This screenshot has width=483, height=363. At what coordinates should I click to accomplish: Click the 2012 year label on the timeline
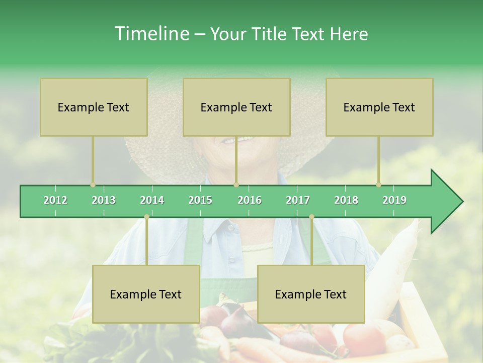coord(55,200)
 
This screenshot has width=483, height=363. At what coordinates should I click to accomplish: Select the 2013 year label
coord(104,200)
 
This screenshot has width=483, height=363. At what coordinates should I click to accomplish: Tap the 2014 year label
coord(152,200)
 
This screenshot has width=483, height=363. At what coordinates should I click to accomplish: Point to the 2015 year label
coord(200,200)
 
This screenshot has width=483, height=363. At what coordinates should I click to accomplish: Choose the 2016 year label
coord(250,200)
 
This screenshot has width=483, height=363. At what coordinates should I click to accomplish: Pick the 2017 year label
coord(298,200)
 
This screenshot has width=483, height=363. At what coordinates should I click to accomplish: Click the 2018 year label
coord(346,200)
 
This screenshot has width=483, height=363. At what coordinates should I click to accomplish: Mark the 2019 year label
coord(394,200)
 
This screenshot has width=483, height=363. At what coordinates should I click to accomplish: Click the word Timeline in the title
coord(151,34)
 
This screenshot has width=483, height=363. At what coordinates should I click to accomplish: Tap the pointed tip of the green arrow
coord(462,202)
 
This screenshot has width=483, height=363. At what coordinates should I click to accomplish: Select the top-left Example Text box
coord(94,107)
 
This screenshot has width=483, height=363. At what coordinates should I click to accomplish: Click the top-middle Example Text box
coord(236,107)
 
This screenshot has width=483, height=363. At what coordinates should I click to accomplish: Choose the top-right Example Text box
coord(379,107)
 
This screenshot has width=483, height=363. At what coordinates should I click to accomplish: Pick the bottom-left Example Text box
coord(146,294)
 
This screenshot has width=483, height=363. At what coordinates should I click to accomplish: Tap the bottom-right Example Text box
coord(311,294)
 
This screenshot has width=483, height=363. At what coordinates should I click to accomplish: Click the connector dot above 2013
coord(93,185)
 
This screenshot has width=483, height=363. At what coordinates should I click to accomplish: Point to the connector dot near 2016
coord(236,185)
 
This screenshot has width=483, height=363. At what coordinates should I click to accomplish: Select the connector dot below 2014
coord(146,217)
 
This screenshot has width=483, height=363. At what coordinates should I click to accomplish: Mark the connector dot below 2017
coord(311,217)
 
